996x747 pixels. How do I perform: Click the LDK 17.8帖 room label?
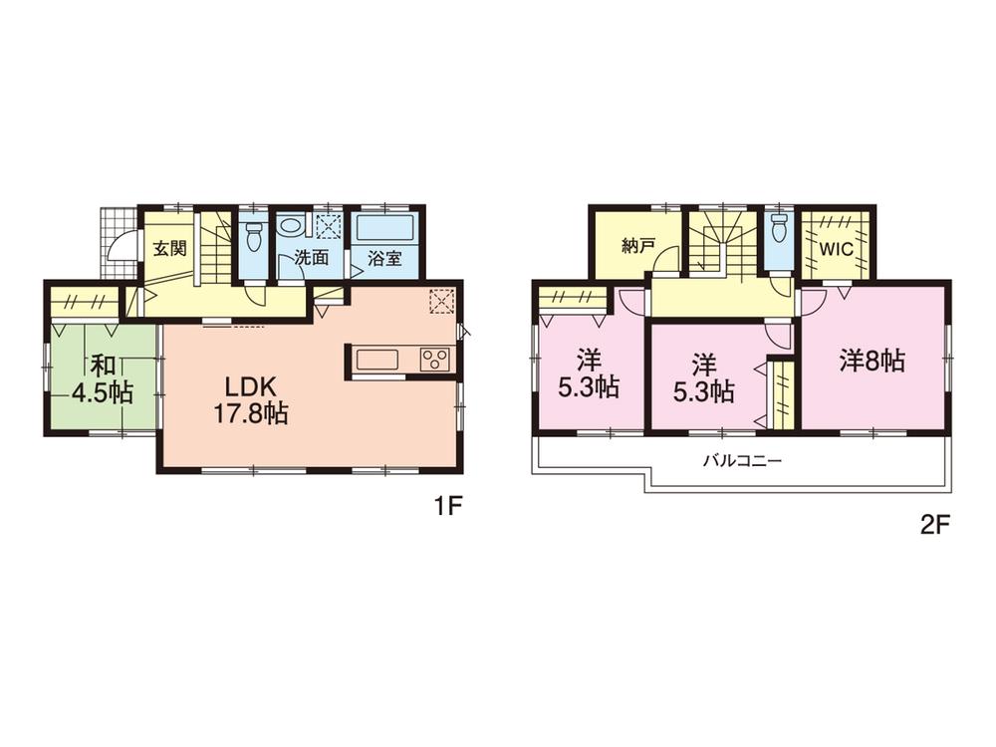[x=250, y=398]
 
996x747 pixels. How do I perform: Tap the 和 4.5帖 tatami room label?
[x=101, y=379]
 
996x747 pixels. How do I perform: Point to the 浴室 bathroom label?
[x=385, y=258]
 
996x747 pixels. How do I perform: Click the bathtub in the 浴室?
[x=384, y=227]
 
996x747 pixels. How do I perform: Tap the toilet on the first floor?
[x=254, y=236]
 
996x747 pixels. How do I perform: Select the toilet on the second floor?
[x=779, y=228]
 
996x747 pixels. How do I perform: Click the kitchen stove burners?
[x=435, y=360]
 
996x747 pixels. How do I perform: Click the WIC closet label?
[x=838, y=249]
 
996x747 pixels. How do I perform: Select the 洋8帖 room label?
[x=871, y=362]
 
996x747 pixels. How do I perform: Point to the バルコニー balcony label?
[x=742, y=461]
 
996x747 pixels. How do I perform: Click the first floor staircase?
[x=215, y=249]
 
